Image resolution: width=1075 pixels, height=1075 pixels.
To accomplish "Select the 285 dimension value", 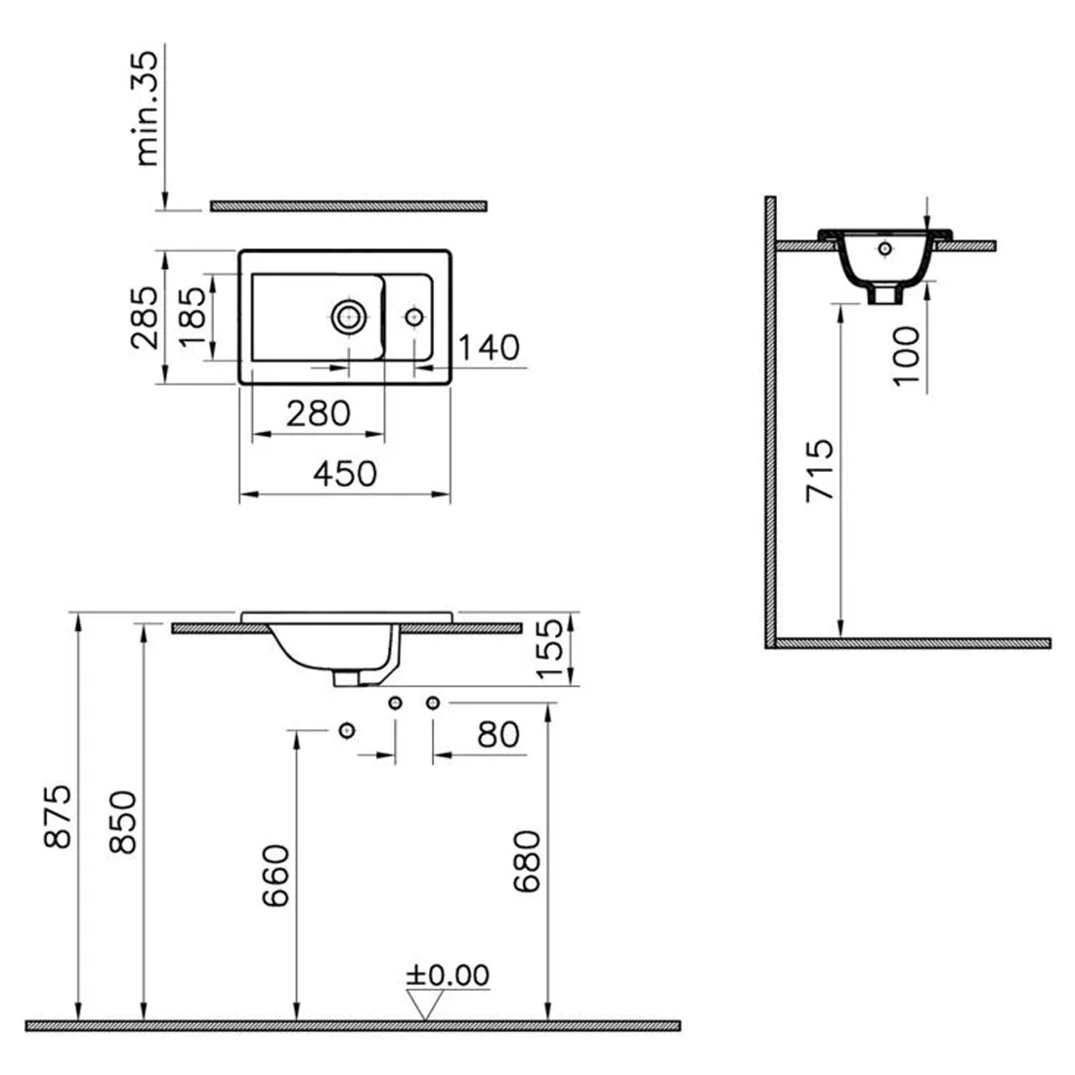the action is click(x=144, y=318).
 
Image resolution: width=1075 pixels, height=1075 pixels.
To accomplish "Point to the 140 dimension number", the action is click(x=489, y=348).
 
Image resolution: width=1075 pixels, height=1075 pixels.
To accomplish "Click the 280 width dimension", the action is click(x=319, y=413).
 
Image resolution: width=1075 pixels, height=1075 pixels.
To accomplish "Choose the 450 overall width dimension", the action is click(x=345, y=474).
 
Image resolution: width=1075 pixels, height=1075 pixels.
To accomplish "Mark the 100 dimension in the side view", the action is click(x=906, y=356).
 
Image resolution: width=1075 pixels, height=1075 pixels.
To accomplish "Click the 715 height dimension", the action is click(x=820, y=470).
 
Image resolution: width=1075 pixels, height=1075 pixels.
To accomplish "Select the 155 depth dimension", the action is click(x=550, y=649).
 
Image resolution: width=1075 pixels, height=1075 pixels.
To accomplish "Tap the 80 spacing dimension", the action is click(x=498, y=735).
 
